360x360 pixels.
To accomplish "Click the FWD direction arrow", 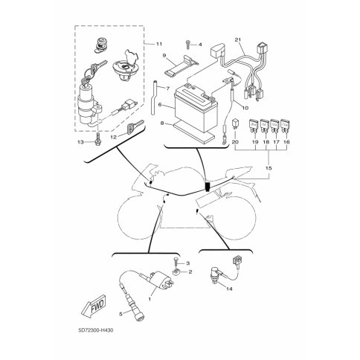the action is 94,306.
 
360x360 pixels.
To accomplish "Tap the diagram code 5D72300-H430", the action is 95,330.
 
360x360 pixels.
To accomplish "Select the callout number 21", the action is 238,39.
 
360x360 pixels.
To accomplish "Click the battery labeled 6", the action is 196,106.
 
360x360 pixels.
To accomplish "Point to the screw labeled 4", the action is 187,45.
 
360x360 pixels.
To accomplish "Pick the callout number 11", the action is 159,44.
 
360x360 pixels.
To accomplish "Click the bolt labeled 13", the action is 98,139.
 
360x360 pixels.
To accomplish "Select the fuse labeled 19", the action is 253,125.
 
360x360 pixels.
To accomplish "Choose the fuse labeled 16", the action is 285,125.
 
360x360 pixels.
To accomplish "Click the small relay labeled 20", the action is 235,124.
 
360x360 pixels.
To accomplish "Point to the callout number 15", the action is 269,168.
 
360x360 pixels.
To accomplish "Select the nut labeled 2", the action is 176,273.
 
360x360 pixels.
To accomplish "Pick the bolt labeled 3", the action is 176,262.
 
